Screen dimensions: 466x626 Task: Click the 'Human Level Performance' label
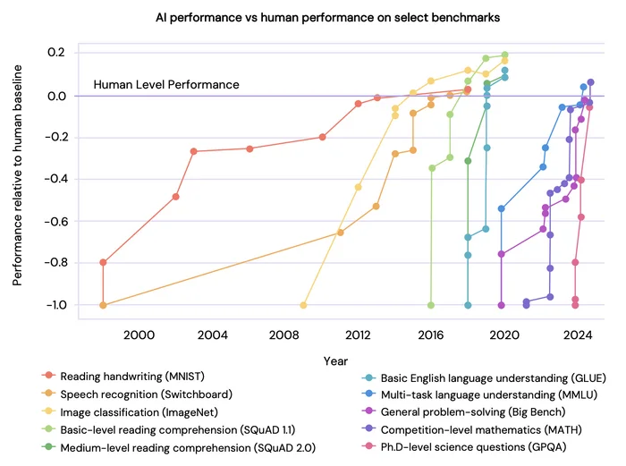(x=166, y=85)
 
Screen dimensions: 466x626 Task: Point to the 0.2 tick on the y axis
(x=57, y=53)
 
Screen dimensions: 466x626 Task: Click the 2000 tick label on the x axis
(x=139, y=335)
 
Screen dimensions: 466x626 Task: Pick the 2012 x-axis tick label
(x=358, y=335)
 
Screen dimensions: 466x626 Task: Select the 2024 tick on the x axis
(x=578, y=335)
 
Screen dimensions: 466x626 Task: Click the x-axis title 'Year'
(x=335, y=360)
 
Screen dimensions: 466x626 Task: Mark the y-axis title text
(x=18, y=179)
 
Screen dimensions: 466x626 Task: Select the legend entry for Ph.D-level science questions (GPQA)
(x=477, y=445)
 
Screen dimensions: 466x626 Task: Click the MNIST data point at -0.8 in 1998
(x=103, y=262)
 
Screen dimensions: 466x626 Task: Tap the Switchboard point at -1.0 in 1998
(x=103, y=305)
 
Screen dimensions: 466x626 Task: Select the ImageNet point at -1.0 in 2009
(x=303, y=305)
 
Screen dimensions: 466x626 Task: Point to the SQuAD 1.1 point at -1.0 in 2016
(x=431, y=305)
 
